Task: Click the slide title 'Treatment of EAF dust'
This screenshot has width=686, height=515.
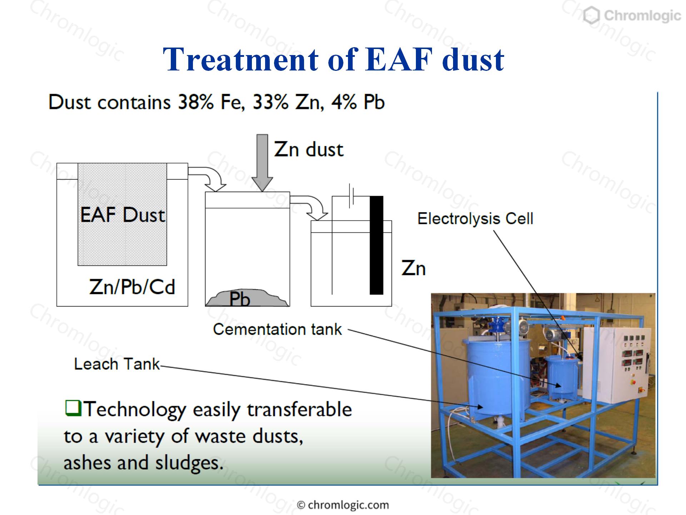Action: point(333,59)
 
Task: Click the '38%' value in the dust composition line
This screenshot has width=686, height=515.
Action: point(196,102)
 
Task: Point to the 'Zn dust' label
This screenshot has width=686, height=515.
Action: point(309,149)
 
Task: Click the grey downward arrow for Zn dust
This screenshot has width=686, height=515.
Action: point(262,163)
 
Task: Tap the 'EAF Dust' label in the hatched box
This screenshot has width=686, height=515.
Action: point(123,215)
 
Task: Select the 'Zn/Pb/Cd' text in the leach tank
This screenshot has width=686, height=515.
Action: point(132,287)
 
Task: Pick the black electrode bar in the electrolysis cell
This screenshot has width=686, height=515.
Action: point(377,245)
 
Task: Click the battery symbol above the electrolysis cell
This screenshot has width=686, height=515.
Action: point(351,196)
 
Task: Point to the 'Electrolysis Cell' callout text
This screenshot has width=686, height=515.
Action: point(475,219)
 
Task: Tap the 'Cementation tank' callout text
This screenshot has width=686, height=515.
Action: point(277,329)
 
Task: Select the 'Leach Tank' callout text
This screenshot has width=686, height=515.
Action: point(117,364)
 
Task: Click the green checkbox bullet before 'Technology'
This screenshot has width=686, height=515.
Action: point(73,408)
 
